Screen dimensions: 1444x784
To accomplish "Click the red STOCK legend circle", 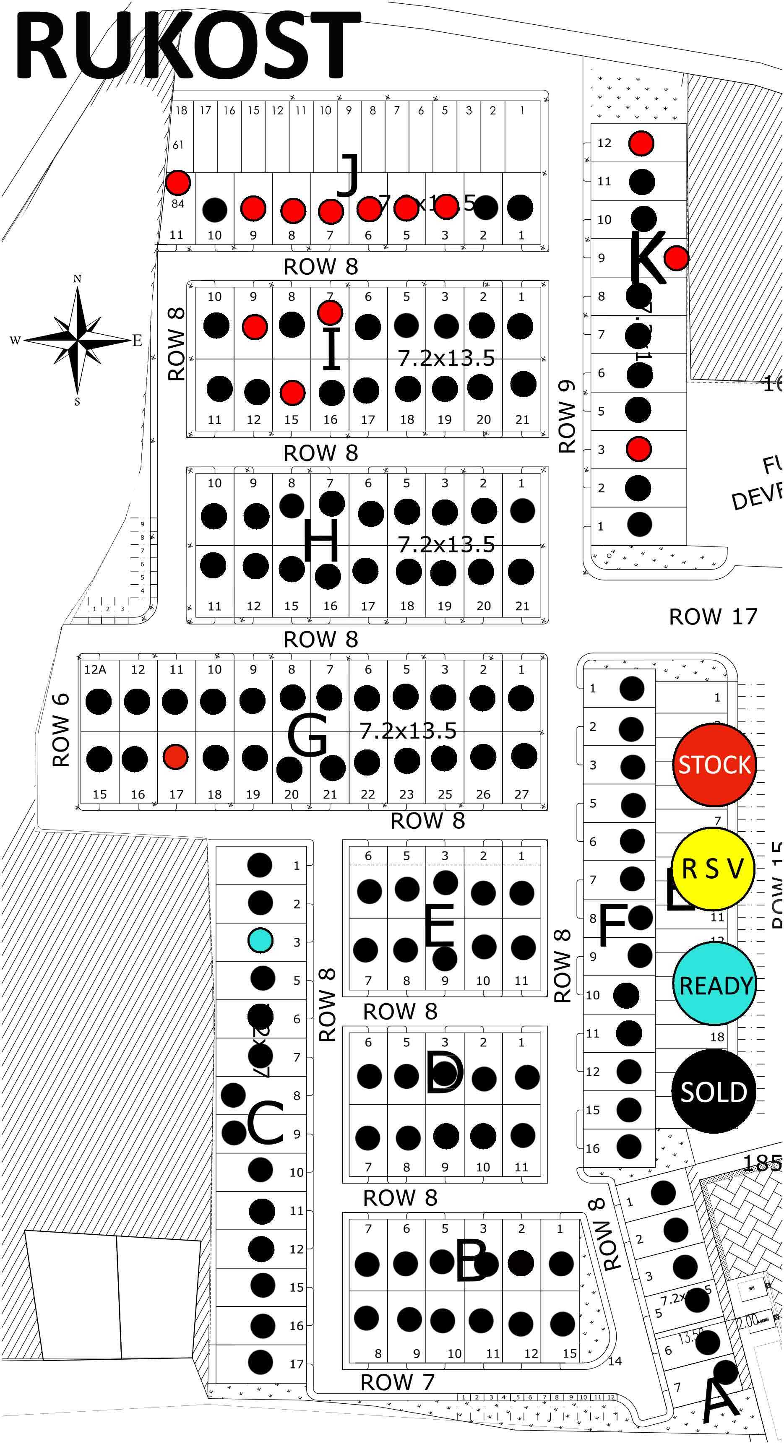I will (x=714, y=765).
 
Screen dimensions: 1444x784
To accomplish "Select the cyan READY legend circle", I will (x=714, y=984).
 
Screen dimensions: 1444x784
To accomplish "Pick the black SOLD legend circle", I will (x=714, y=1091).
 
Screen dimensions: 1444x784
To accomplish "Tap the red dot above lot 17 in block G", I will (x=175, y=756).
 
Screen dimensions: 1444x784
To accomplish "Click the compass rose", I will (x=77, y=340).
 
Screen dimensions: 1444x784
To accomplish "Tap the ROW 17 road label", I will (x=713, y=617).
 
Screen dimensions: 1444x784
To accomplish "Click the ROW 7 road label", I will (x=397, y=1382).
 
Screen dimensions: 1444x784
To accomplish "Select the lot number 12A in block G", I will (x=95, y=669).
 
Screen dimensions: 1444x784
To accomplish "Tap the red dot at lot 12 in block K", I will (x=641, y=143).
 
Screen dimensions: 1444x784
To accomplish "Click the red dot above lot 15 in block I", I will (x=292, y=393).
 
